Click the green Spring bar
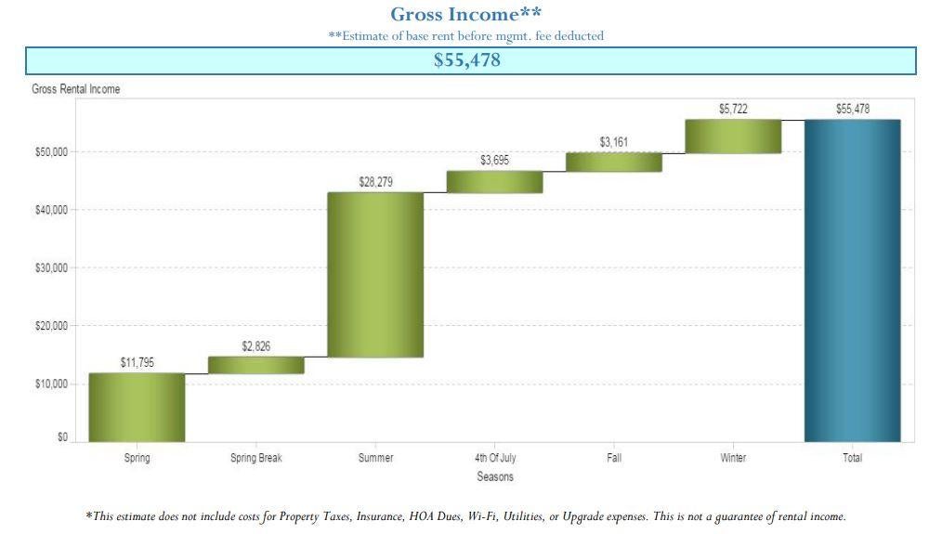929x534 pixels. pyautogui.click(x=137, y=408)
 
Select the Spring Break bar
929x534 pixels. pyautogui.click(x=256, y=365)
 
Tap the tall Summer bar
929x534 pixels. pyautogui.click(x=375, y=275)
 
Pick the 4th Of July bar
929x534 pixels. pyautogui.click(x=495, y=182)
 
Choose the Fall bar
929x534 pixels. pyautogui.click(x=614, y=163)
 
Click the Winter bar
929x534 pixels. pyautogui.click(x=733, y=137)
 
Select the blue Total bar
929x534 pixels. pyautogui.click(x=853, y=280)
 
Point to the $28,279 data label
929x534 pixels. pyautogui.click(x=375, y=182)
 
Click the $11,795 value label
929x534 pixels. pyautogui.click(x=137, y=362)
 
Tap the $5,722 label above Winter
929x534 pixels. pyautogui.click(x=733, y=109)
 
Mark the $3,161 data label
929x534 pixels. pyautogui.click(x=613, y=142)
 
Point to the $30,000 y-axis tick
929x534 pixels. pyautogui.click(x=51, y=268)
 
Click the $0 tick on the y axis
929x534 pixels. pyautogui.click(x=63, y=437)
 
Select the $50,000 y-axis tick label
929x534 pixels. pyautogui.click(x=51, y=152)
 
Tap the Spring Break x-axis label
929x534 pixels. pyautogui.click(x=256, y=458)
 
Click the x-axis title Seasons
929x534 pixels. pyautogui.click(x=495, y=476)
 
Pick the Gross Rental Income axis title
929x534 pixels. pyautogui.click(x=76, y=89)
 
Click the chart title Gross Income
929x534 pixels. pyautogui.click(x=465, y=14)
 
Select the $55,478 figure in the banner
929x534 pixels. pyautogui.click(x=467, y=59)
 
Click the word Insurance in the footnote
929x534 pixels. pyautogui.click(x=380, y=516)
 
